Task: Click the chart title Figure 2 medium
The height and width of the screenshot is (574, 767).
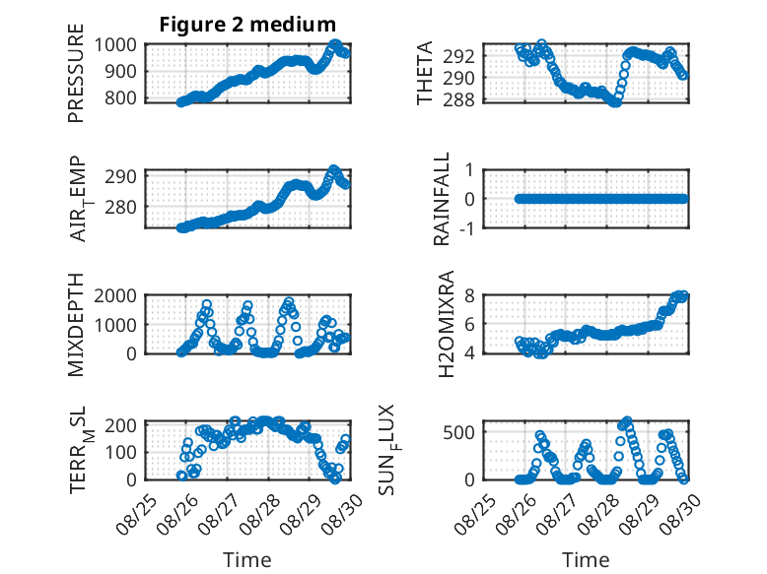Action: (x=247, y=24)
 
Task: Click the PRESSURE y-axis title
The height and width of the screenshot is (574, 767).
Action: (x=76, y=73)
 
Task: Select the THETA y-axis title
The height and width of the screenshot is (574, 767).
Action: (x=425, y=73)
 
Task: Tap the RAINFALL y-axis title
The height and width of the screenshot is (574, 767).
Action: (x=442, y=199)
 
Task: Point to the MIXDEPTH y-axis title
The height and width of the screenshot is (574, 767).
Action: (x=76, y=325)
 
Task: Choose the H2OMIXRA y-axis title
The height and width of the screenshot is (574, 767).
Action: (x=447, y=324)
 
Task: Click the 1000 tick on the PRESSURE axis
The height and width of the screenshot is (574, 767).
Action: (x=115, y=45)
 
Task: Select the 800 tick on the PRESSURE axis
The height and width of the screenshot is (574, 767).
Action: (x=121, y=97)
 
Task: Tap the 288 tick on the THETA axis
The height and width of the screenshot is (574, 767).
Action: (x=458, y=99)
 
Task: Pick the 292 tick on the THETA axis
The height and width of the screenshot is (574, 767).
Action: (x=458, y=56)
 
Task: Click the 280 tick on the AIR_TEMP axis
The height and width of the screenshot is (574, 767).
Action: (x=121, y=207)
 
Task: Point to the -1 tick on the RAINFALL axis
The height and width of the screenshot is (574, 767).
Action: (x=466, y=227)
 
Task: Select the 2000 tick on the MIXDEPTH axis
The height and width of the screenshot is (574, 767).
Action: (x=115, y=295)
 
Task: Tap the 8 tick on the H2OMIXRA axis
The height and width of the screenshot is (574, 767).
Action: (x=470, y=295)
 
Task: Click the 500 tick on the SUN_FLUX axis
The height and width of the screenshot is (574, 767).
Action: (x=458, y=432)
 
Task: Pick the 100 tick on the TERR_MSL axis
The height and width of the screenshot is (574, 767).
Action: (x=121, y=452)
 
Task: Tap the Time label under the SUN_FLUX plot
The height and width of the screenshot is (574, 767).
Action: (x=586, y=559)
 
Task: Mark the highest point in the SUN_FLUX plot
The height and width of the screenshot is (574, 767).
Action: (x=627, y=421)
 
